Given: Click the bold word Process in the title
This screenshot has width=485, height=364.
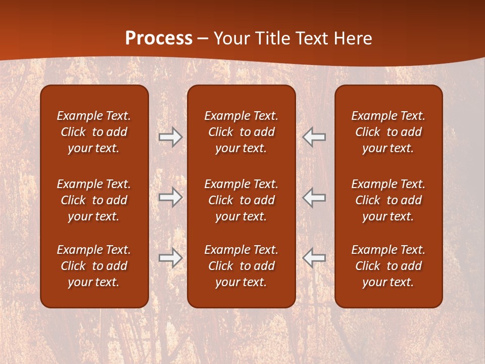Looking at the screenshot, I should pos(159,38).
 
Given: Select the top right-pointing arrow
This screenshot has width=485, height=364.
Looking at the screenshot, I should pos(170,137).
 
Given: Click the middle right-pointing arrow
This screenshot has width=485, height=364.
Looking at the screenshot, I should pos(170,197).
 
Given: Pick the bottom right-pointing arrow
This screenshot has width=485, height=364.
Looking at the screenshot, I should pos(170,257).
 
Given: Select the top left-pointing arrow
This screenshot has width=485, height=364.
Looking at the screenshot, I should pos(314,137).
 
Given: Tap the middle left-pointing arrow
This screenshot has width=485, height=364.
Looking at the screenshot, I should pos(314,197).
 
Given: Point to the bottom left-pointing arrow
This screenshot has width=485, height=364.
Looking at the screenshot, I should pos(314,257).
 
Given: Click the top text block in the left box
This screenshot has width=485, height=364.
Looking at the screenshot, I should pos(94,132).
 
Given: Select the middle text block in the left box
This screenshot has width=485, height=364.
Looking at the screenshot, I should pos(94,200).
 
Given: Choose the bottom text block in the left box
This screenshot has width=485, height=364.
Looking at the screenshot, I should pos(94,266).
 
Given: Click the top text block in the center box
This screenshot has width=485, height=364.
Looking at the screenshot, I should pos(241,132).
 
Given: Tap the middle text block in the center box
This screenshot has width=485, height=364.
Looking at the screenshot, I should pos(241,200).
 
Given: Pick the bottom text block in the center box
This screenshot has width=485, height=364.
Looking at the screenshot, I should pos(241,266).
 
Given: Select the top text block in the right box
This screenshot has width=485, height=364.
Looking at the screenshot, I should pos(388,132).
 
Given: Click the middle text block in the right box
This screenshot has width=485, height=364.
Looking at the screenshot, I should pos(388,200).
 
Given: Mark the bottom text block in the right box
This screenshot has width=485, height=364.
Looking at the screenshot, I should pos(388,266).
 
